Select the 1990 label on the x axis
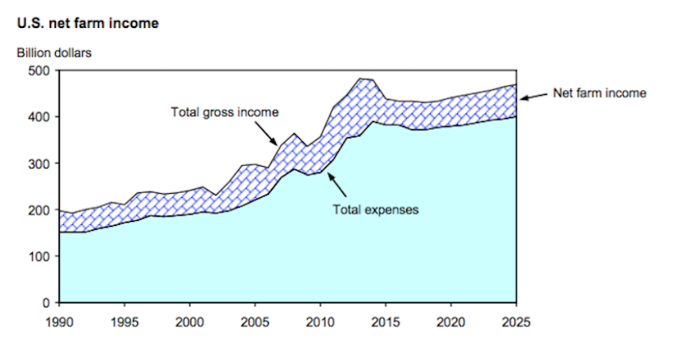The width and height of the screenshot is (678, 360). coord(59,322)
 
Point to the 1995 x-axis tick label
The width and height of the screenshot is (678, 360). coord(124,322)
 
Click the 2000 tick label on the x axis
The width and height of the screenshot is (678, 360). coord(190,322)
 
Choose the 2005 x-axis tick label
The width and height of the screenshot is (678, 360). coord(255,322)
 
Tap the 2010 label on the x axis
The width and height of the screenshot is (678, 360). coord(321,322)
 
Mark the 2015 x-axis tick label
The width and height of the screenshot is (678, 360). coord(386,322)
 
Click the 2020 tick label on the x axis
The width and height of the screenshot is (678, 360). coord(451,322)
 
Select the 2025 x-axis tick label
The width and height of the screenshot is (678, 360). coord(516,322)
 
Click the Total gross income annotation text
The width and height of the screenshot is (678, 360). coord(225,112)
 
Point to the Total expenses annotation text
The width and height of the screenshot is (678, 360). coord(375,211)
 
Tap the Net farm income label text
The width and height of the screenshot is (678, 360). coord(600,93)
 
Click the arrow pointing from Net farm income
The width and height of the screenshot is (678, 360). coord(532,97)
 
